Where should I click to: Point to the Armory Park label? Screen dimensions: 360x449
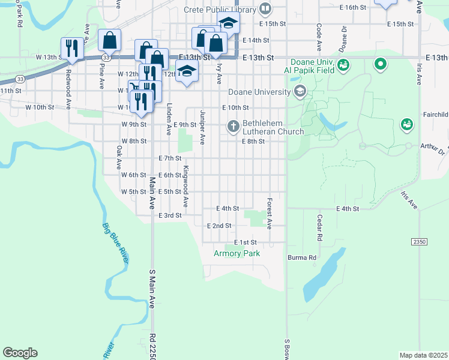click(x=237, y=254)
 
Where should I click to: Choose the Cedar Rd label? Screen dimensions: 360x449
click(x=320, y=228)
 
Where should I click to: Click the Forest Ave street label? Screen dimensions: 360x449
click(x=270, y=214)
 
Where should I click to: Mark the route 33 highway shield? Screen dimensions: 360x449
click(x=20, y=79)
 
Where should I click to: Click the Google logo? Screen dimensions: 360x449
click(x=20, y=353)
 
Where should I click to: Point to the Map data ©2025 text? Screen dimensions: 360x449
click(x=423, y=355)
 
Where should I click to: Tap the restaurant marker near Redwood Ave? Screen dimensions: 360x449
click(x=71, y=47)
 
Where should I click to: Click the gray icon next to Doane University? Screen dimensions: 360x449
click(x=300, y=92)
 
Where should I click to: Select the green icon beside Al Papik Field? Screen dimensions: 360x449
click(x=343, y=64)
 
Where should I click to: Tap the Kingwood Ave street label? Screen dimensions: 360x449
click(x=186, y=186)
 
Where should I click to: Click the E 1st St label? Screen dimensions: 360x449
click(x=246, y=242)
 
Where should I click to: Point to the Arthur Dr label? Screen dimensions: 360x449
click(x=432, y=149)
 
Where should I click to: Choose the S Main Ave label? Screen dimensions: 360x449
click(x=152, y=289)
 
